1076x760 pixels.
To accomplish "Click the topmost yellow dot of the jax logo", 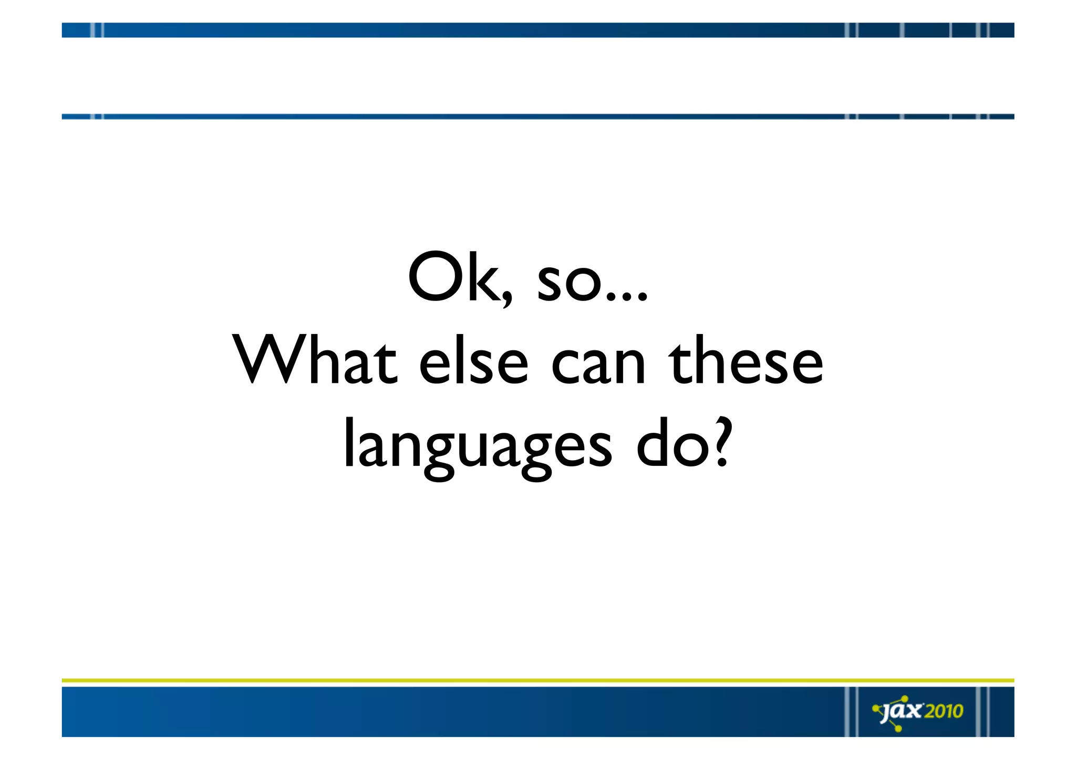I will [905, 699].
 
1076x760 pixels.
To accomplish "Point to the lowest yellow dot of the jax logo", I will [898, 729].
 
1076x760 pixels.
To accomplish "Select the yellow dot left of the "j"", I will [875, 709].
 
